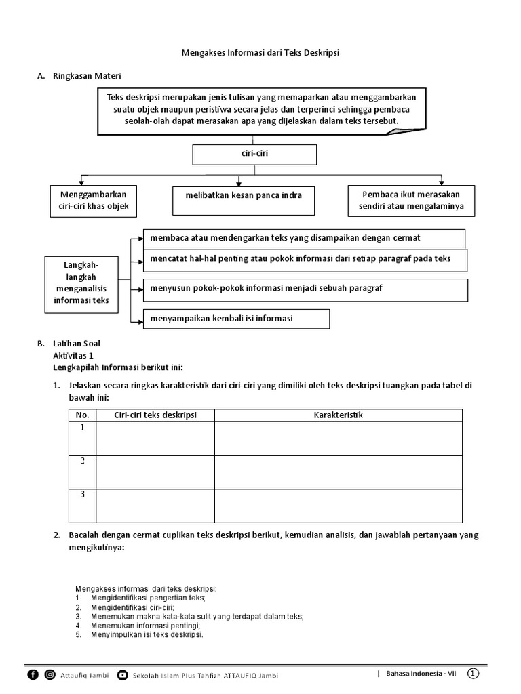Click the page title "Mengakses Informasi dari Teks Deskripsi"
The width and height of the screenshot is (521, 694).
[260, 52]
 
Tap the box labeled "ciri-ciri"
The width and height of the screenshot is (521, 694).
[254, 154]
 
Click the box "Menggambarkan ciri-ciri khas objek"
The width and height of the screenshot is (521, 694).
[94, 201]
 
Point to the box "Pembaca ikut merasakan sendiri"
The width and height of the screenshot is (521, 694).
[412, 201]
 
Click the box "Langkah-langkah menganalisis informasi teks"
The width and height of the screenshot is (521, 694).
[81, 284]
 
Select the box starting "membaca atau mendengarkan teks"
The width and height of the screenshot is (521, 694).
[304, 238]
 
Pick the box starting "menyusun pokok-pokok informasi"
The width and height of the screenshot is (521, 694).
[305, 289]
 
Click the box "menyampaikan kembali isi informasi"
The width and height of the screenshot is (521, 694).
[236, 318]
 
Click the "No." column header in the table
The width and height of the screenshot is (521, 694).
[83, 415]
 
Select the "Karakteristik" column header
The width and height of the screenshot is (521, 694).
[339, 415]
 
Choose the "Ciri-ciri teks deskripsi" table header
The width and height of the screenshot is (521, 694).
[155, 415]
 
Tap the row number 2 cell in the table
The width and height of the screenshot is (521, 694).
[83, 472]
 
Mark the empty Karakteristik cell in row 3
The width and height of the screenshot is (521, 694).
[339, 506]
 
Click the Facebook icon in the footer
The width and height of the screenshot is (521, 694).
[33, 674]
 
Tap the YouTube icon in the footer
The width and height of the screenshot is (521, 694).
[122, 674]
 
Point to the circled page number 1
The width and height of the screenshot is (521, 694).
[473, 673]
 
